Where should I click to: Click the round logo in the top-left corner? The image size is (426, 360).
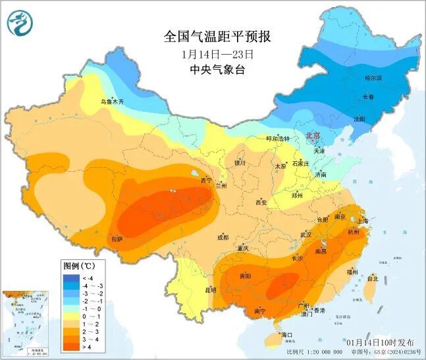pyautogui.click(x=20, y=24)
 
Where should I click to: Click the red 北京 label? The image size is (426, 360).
pyautogui.click(x=313, y=136)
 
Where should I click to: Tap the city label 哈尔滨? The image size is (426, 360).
pyautogui.click(x=373, y=78)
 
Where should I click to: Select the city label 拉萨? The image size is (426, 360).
pyautogui.click(x=117, y=238)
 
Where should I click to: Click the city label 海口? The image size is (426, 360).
pyautogui.click(x=286, y=335)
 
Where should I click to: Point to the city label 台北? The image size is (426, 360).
pyautogui.click(x=373, y=278)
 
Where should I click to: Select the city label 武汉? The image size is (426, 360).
pyautogui.click(x=306, y=234)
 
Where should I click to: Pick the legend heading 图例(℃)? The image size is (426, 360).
pyautogui.click(x=79, y=266)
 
